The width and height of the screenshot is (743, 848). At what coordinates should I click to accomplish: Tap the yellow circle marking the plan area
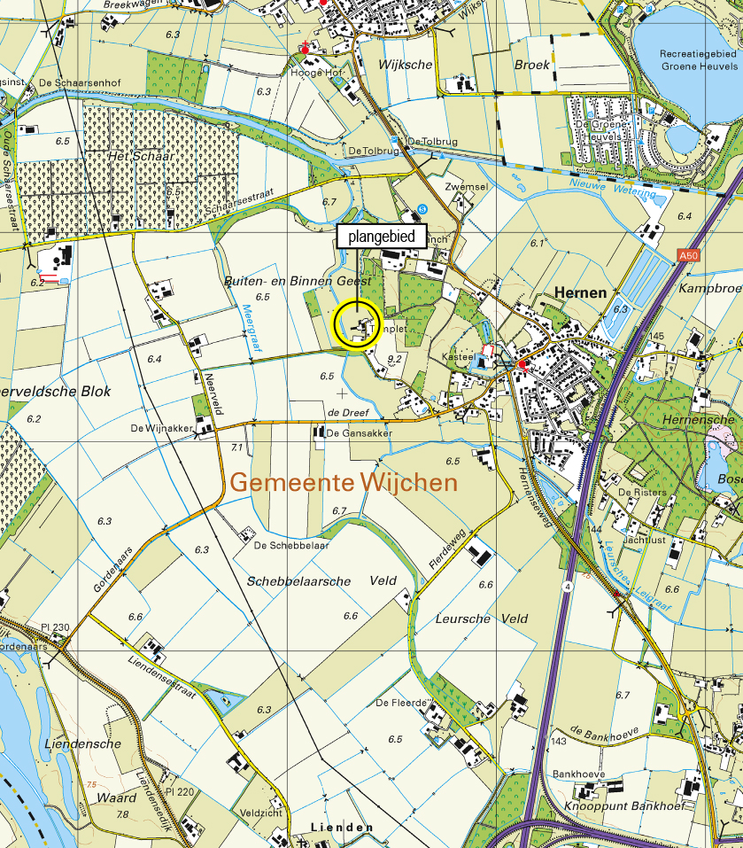357,326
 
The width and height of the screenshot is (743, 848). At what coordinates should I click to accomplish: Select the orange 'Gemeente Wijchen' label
344,483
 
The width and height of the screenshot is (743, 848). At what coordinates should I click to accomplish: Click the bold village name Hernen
580,292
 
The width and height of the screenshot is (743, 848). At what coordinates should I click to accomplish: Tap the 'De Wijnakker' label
161,428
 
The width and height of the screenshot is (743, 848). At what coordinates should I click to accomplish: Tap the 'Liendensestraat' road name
161,677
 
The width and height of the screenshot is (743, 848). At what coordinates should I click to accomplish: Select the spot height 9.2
396,359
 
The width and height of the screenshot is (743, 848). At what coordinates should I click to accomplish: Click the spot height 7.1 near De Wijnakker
236,447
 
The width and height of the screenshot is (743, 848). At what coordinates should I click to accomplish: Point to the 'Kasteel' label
456,356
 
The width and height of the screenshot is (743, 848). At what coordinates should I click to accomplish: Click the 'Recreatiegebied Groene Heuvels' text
699,60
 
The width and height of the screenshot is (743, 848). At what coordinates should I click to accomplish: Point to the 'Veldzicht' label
260,812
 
